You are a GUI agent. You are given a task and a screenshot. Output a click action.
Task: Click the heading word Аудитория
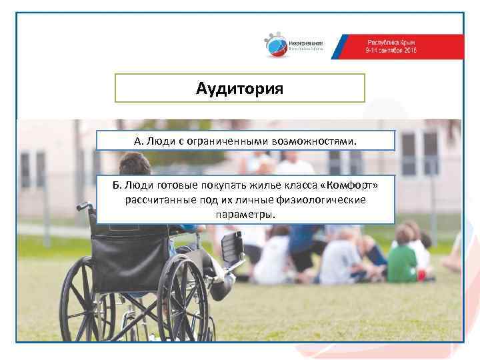[x=240, y=89]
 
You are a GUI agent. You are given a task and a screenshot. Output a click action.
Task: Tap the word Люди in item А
[x=160, y=141]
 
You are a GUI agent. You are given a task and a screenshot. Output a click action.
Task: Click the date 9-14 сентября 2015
[x=391, y=51]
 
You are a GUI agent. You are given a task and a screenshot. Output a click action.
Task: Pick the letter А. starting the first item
[x=138, y=141]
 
